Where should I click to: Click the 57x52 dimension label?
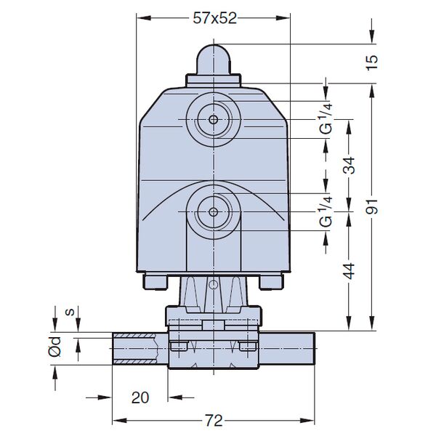pos(214,20)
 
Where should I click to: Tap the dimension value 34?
pos(350,166)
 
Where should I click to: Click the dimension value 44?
pos(350,271)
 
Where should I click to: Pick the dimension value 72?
pos(213,421)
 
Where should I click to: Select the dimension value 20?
pos(140,397)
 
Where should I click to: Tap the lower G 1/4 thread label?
pos(326,210)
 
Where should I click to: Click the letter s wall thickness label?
pos(68,312)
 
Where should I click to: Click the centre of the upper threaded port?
pos(213,119)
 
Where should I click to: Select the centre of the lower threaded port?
pos(213,211)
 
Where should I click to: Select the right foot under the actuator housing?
pos(271,280)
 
